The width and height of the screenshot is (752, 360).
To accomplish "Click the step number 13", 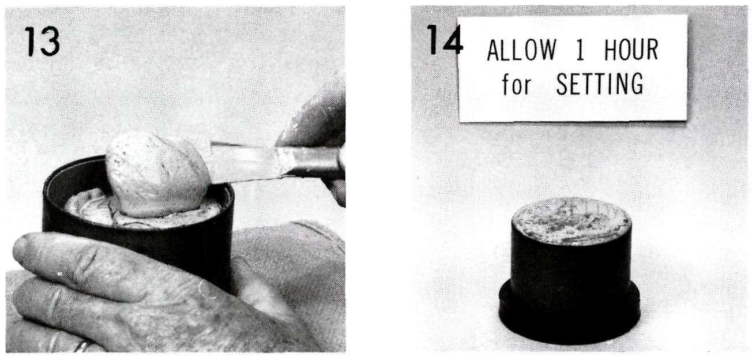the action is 43,42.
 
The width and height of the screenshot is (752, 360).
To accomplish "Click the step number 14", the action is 445,40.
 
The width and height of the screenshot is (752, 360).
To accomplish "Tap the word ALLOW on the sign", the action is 521,50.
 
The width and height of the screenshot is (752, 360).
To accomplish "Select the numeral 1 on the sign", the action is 581,50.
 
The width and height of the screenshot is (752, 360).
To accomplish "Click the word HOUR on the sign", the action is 631,50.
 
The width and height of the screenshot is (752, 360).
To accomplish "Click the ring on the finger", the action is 82,347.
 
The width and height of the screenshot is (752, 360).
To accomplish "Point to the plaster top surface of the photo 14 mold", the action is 571,220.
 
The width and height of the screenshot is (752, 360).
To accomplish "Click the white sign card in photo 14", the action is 573,68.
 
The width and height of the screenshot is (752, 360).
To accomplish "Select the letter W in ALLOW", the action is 547,50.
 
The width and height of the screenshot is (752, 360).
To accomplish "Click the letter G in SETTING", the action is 636,84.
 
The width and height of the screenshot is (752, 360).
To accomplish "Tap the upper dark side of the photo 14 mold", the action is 571,265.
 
